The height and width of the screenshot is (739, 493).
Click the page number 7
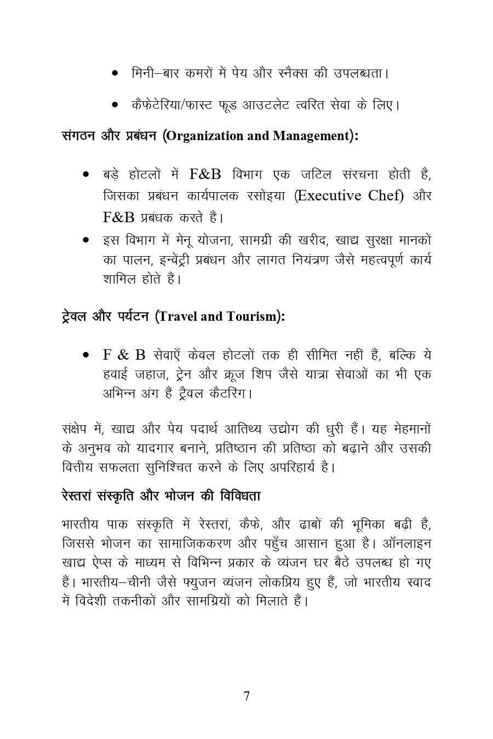coord(246,696)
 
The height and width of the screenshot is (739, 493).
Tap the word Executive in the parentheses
coord(329,195)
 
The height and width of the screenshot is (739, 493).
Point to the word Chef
coord(385,195)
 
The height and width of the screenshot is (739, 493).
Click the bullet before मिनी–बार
coord(115,73)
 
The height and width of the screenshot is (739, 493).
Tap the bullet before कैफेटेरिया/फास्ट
coord(115,104)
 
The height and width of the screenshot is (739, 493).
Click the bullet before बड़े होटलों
coord(86,175)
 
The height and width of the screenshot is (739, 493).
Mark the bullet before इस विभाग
coord(86,240)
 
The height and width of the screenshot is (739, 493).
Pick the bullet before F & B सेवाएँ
coord(86,355)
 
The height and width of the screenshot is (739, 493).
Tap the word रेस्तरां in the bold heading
coord(77,496)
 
